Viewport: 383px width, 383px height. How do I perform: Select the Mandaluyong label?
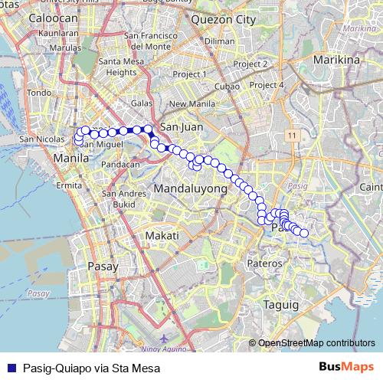point(191,188)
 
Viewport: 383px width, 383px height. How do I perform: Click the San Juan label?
point(179,127)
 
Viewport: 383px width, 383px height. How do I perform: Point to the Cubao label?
point(227,86)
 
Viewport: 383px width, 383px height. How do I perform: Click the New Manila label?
point(188,104)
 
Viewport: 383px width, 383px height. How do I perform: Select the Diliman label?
point(220,41)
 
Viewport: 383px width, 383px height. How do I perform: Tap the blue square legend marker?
point(12,367)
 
